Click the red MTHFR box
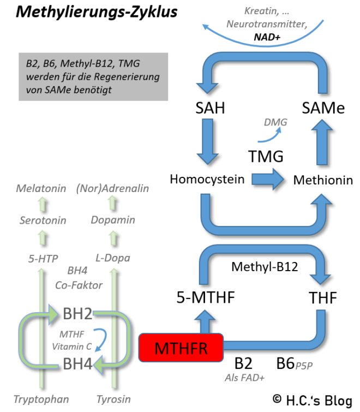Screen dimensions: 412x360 [x=182, y=347]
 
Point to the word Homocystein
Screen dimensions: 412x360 [x=207, y=179]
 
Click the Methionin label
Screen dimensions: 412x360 [x=323, y=180]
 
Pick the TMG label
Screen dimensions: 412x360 [x=266, y=157]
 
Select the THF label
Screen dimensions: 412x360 [x=322, y=298]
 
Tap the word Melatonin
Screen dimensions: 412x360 [x=41, y=189]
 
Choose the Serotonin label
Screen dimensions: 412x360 [x=43, y=220]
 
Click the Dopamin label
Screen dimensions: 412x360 [x=113, y=220]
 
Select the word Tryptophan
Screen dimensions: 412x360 [x=41, y=399]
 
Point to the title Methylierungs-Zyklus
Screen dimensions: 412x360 [x=97, y=12]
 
